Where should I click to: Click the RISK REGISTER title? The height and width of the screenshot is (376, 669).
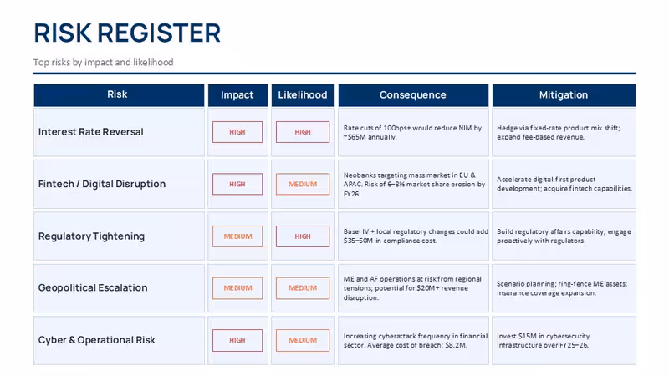pyautogui.click(x=127, y=33)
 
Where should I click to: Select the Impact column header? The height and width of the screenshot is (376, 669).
pyautogui.click(x=237, y=95)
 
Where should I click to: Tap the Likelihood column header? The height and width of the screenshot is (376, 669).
pyautogui.click(x=303, y=95)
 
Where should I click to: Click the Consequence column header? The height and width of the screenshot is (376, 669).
pyautogui.click(x=413, y=95)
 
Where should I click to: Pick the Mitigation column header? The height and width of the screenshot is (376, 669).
pyautogui.click(x=564, y=95)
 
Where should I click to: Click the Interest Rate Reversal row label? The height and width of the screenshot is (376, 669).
pyautogui.click(x=91, y=132)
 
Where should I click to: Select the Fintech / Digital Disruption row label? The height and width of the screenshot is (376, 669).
pyautogui.click(x=102, y=184)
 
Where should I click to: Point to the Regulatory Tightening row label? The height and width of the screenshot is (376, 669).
pyautogui.click(x=91, y=236)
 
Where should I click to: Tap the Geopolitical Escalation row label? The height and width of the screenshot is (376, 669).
pyautogui.click(x=93, y=287)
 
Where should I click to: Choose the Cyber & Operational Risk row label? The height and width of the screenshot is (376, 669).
pyautogui.click(x=97, y=340)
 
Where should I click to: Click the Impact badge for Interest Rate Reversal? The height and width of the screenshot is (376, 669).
pyautogui.click(x=237, y=132)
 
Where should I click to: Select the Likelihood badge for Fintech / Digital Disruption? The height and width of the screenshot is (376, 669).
pyautogui.click(x=303, y=184)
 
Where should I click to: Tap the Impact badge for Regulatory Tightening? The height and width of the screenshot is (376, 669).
pyautogui.click(x=237, y=236)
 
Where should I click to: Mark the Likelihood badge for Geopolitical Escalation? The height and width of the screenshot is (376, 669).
pyautogui.click(x=303, y=288)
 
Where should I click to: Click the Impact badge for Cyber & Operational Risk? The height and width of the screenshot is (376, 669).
pyautogui.click(x=237, y=340)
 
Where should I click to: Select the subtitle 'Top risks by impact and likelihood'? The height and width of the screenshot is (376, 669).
pyautogui.click(x=104, y=62)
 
